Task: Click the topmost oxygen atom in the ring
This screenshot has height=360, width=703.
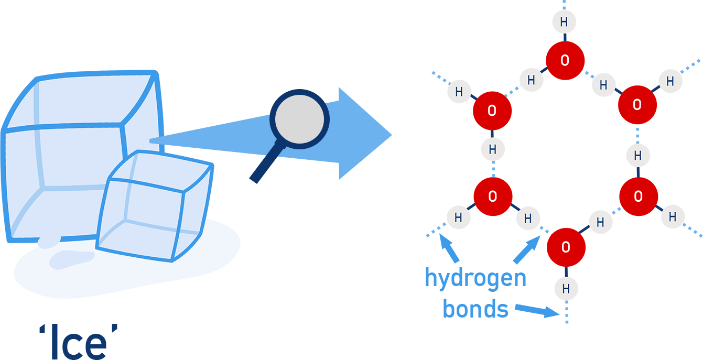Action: [x=565, y=60]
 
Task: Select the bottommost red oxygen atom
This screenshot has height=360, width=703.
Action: [x=565, y=247]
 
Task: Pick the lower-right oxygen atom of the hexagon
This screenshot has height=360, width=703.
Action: [x=637, y=197]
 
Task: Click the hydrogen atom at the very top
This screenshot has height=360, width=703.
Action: [x=564, y=22]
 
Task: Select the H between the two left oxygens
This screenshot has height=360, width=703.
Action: [x=492, y=149]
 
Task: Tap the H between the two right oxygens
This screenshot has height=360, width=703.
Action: [x=638, y=156]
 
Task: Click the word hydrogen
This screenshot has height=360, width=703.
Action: [x=475, y=278]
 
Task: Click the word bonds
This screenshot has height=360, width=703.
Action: [x=475, y=309]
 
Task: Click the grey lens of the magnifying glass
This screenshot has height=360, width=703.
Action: [x=299, y=119]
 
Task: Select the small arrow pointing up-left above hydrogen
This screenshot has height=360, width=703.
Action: [x=449, y=249]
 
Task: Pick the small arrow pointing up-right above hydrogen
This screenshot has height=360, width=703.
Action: [x=526, y=250]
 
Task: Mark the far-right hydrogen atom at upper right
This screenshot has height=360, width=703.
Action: [x=670, y=81]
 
